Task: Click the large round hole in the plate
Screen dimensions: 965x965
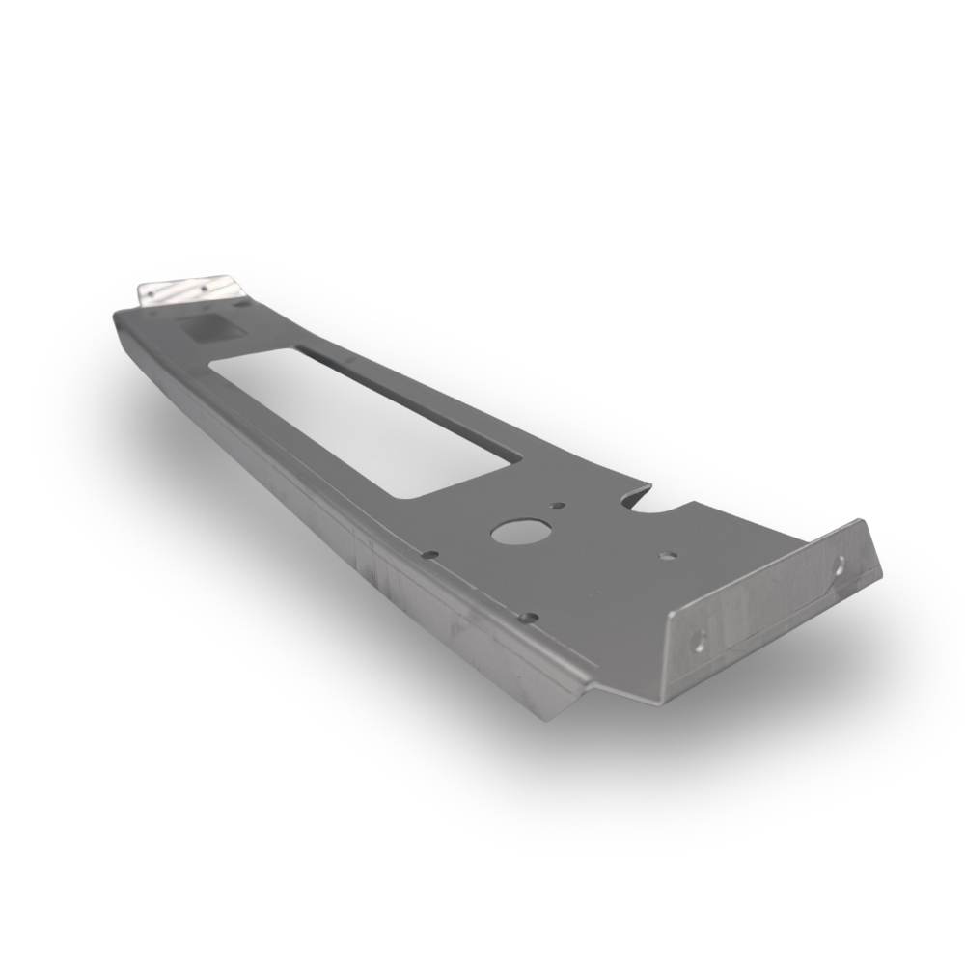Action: point(520,531)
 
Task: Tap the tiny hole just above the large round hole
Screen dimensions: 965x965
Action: point(558,505)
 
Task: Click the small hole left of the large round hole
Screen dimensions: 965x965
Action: point(430,554)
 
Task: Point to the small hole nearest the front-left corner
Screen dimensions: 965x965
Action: point(528,618)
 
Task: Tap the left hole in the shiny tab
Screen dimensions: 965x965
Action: point(151,294)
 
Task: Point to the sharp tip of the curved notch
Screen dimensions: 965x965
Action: point(650,485)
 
